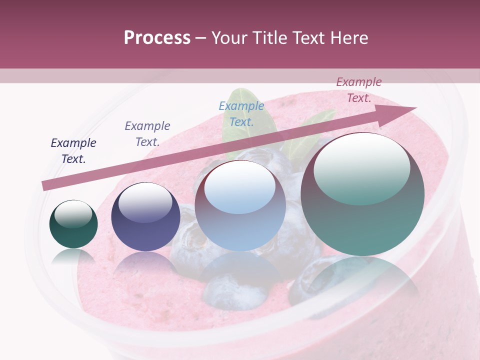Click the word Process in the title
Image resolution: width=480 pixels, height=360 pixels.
coord(157,38)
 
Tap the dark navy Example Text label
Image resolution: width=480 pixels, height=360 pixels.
coord(73,150)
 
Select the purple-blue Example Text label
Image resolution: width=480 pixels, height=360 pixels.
coord(147,133)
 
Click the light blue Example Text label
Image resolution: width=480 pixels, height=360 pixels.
coord(241,113)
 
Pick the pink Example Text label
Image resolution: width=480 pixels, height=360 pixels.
coord(359,89)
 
